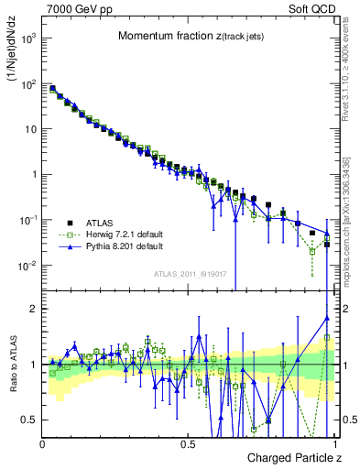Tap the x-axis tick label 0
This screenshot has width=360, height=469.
coord(43,443)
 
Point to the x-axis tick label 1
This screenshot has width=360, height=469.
coord(335,443)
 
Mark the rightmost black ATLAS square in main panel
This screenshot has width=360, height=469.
coord(326,245)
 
